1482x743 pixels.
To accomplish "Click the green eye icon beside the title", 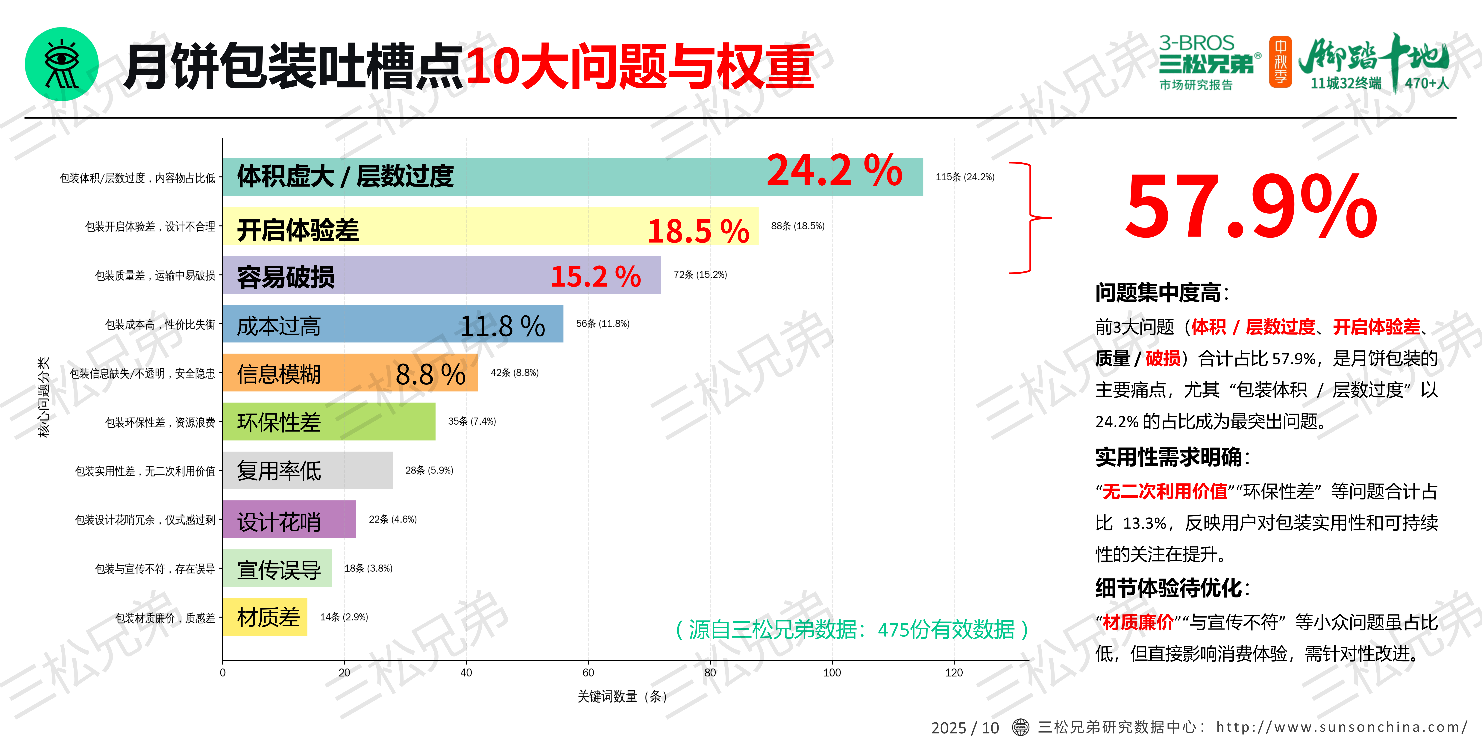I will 62,64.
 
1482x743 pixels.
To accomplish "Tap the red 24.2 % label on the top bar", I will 834,171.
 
